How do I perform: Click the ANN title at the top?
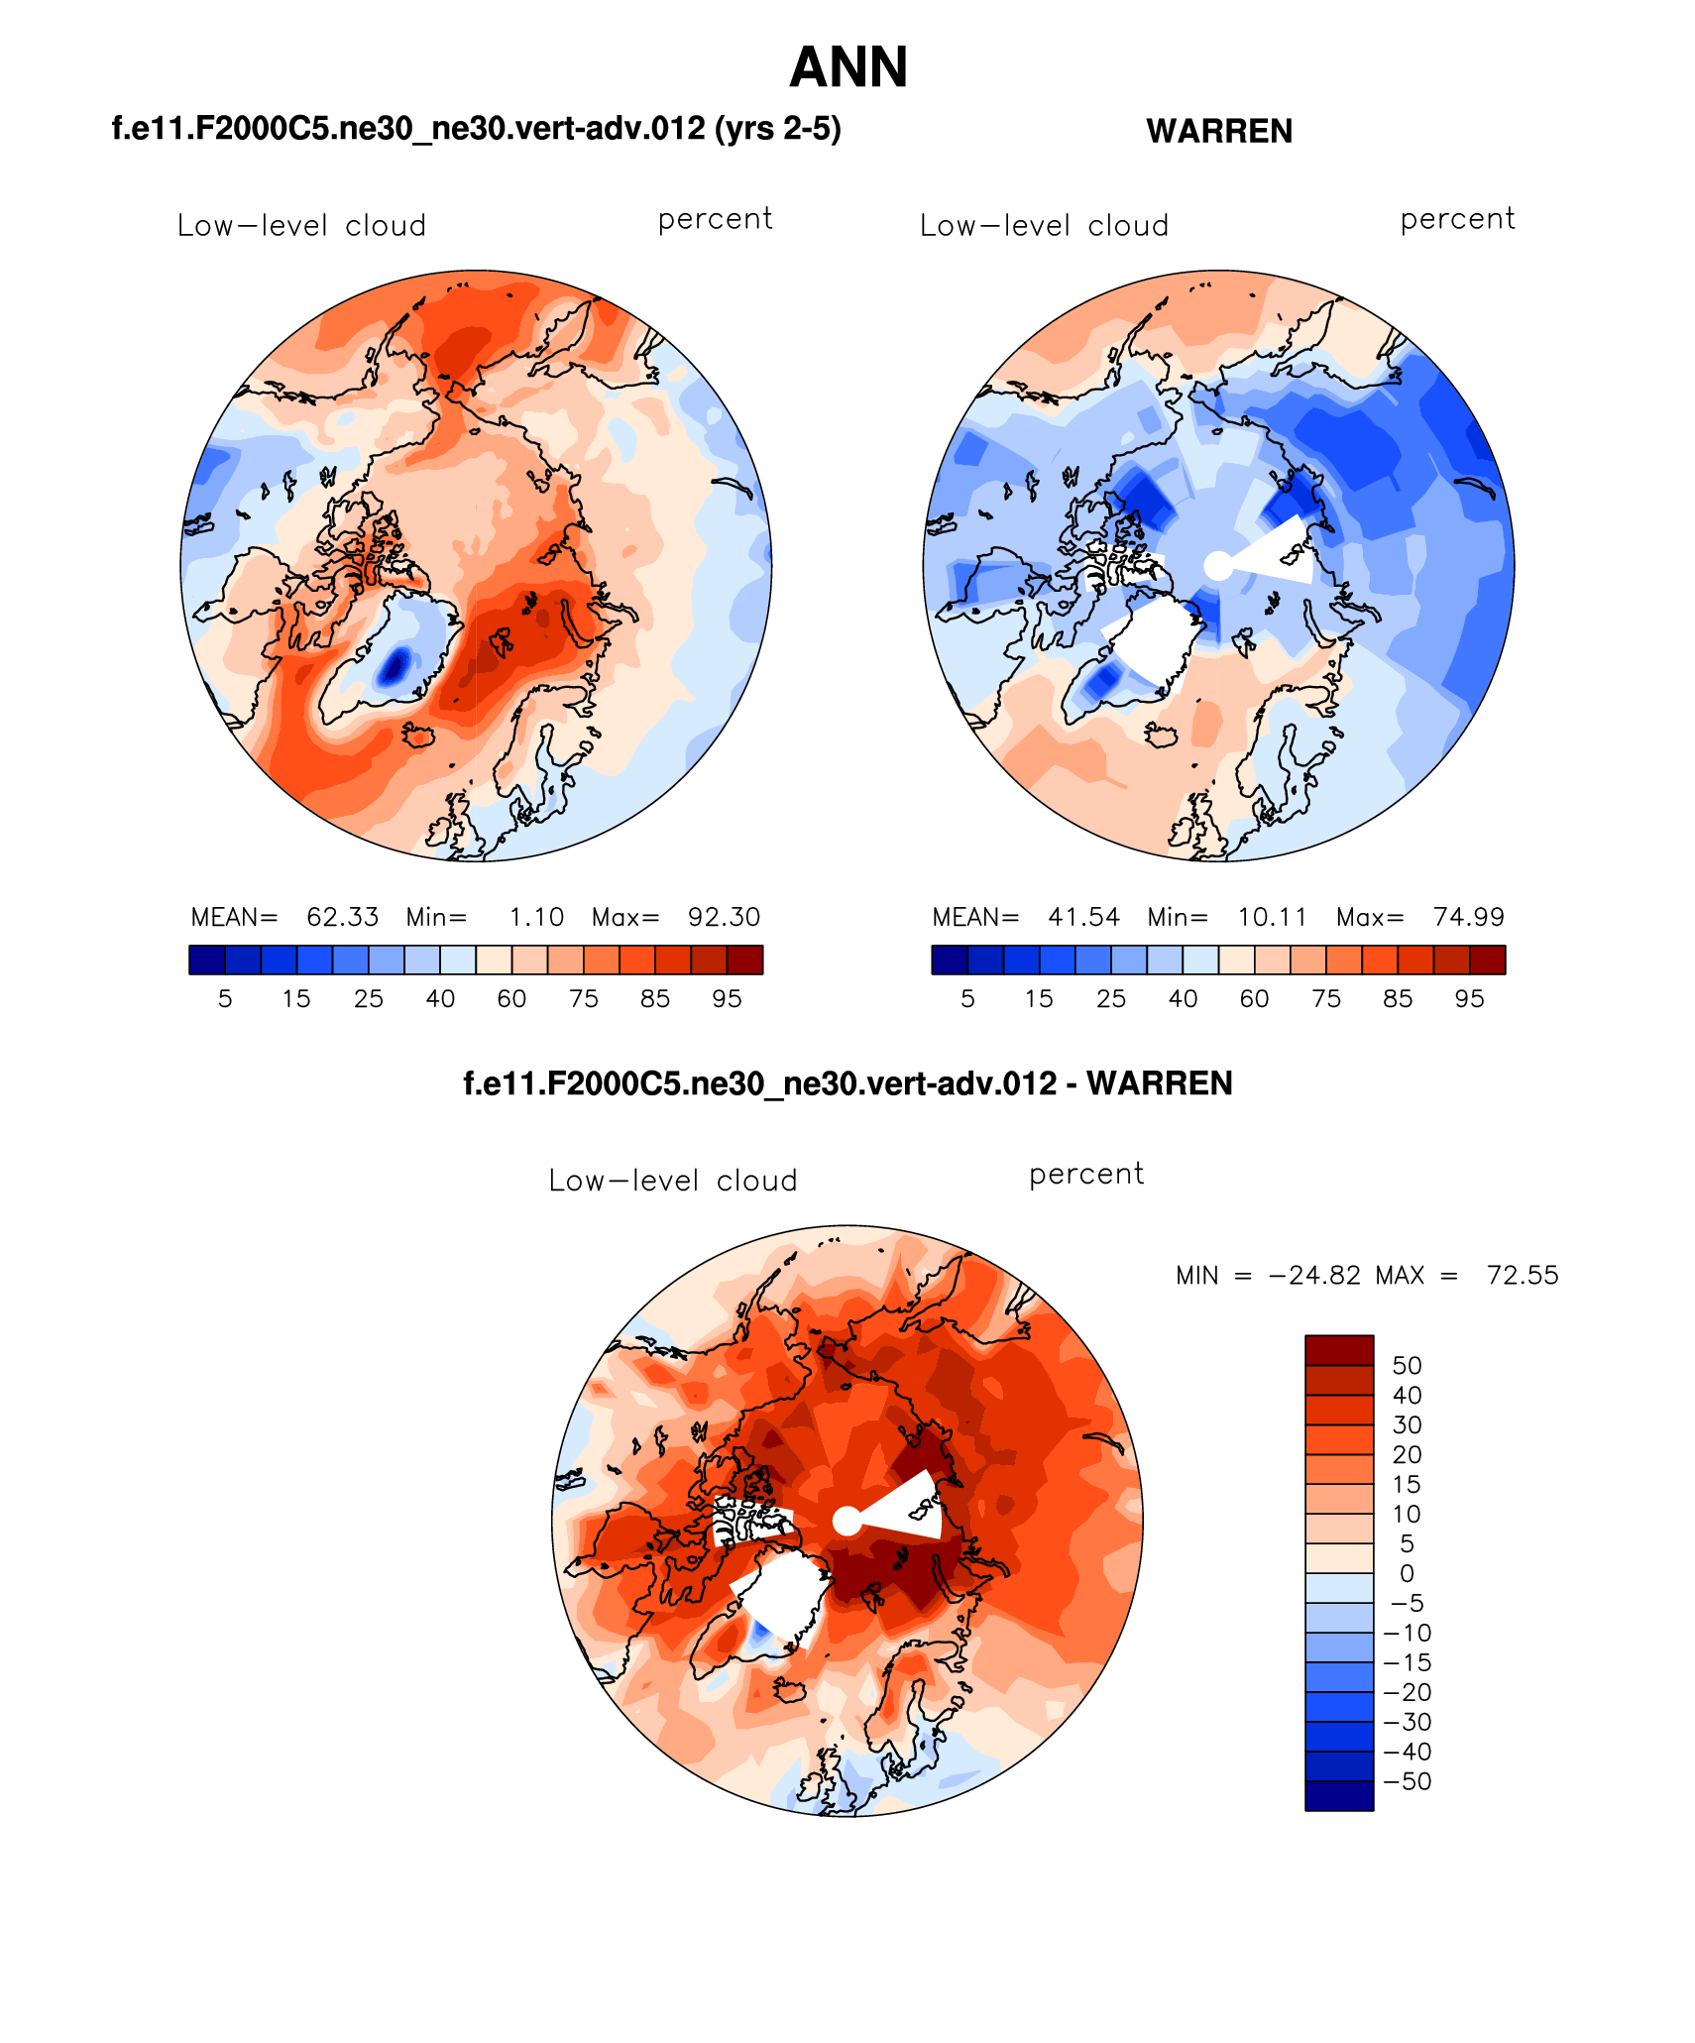coord(848,67)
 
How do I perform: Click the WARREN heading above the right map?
coord(1218,131)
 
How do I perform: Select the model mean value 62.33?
coord(342,917)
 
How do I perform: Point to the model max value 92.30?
coord(724,917)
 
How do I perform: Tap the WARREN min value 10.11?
coord(1272,917)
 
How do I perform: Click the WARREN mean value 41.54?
coord(1083,917)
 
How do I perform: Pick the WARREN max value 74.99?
coord(1468,917)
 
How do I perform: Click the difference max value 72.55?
coord(1522,1275)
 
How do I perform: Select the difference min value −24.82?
coord(1314,1275)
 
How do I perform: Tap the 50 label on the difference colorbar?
coord(1407,1365)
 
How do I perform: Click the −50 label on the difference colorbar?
coord(1408,1781)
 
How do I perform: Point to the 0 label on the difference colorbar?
coord(1407,1573)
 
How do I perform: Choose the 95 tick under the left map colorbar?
coord(727,999)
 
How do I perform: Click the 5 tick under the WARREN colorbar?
coord(967,999)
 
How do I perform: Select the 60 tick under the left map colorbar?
coord(511,999)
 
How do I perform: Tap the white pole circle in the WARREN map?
coord(1218,566)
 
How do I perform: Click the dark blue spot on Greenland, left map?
coord(395,665)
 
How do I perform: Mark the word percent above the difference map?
coord(1086,1174)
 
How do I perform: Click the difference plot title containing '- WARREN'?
coord(847,1083)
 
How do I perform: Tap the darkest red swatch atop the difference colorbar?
coord(1338,1350)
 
